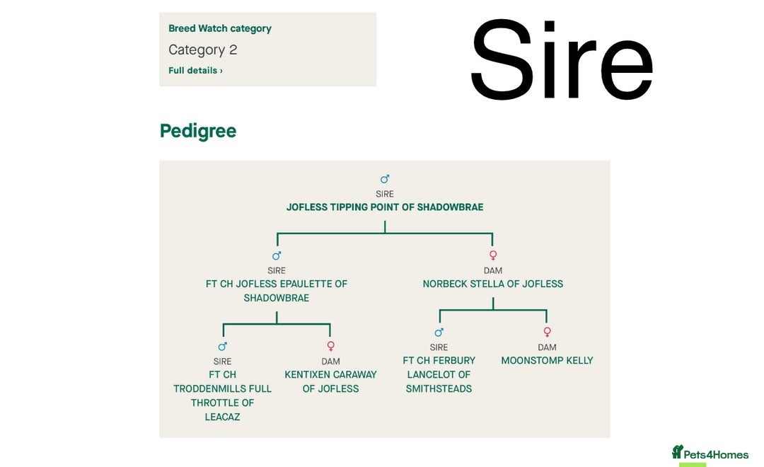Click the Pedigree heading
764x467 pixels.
coord(198,131)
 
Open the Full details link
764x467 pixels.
coord(195,71)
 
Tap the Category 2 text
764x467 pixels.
coord(203,50)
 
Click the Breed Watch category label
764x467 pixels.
coord(220,29)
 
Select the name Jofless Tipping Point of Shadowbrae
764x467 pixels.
coord(385,207)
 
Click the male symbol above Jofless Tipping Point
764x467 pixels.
coord(385,179)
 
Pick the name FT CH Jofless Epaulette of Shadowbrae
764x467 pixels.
coord(277,291)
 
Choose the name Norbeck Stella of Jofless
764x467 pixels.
coord(493,284)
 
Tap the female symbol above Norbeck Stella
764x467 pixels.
coord(493,255)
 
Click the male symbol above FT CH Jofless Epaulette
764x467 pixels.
coord(277,255)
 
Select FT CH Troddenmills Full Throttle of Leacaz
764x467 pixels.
coord(223,396)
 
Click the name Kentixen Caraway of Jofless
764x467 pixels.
coord(330,381)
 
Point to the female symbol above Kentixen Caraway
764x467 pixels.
coord(330,346)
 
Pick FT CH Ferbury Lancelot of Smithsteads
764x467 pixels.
coord(439,374)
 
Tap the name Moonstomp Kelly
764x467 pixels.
coord(547,361)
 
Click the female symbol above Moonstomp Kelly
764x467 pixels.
coord(547,332)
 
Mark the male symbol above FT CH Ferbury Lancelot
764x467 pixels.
coord(439,332)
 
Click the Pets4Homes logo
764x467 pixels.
coord(710,454)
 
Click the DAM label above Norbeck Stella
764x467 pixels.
coord(493,270)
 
